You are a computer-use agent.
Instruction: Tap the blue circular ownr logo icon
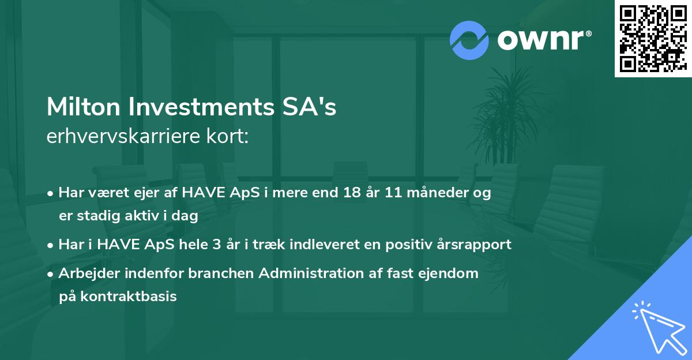coord(469,40)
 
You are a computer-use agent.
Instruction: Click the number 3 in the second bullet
coord(217,245)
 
